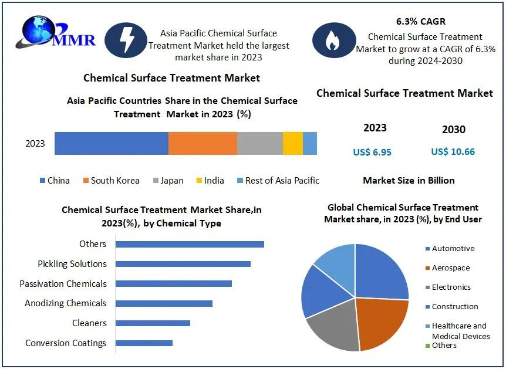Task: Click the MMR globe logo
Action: (x=56, y=33)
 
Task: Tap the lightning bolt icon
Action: (x=126, y=40)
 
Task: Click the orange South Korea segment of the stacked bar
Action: (x=203, y=143)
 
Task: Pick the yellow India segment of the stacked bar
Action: (x=293, y=143)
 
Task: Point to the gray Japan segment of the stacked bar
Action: (x=260, y=143)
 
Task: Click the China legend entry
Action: (x=55, y=180)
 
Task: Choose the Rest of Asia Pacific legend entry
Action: (x=278, y=180)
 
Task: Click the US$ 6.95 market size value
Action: (x=372, y=152)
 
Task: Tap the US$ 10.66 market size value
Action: (x=453, y=151)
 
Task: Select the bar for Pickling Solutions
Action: (x=183, y=264)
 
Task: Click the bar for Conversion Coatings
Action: (x=144, y=343)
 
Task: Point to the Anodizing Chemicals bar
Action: (x=164, y=303)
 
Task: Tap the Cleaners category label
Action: (x=89, y=323)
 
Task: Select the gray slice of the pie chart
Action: (x=332, y=326)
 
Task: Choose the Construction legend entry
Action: (x=452, y=306)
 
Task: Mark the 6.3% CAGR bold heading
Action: (x=421, y=21)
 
